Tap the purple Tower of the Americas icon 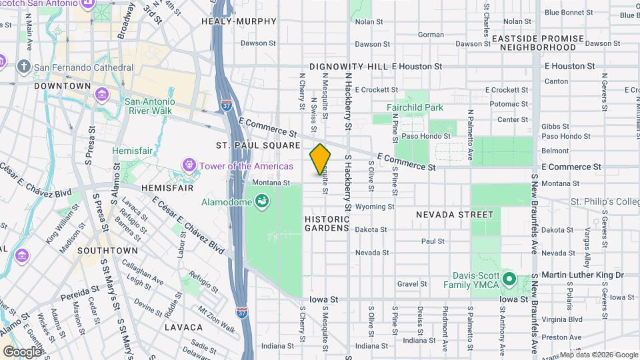coord(189,165)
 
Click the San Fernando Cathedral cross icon coord(24,67)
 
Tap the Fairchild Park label coord(415,107)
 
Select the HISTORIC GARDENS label coord(327,223)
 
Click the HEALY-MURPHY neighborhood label coord(239,21)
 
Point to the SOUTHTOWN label coord(107,251)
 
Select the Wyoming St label coord(371,207)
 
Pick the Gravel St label coord(411,283)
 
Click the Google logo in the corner coord(22,351)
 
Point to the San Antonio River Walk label coord(149,106)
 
